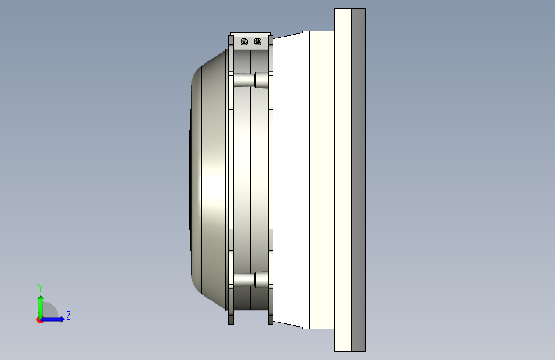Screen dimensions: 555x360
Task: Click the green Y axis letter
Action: click(x=40, y=288)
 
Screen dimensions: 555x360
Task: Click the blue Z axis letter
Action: click(x=68, y=315)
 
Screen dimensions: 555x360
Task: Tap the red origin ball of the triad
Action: click(x=40, y=320)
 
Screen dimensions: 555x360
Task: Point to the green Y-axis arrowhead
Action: click(x=41, y=299)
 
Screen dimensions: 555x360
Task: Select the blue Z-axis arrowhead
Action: click(x=61, y=319)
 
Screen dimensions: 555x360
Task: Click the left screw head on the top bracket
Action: click(x=245, y=42)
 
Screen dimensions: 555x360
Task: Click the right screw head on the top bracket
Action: click(x=258, y=42)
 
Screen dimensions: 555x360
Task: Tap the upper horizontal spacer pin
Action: click(x=251, y=79)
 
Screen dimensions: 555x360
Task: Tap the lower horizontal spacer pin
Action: click(x=251, y=279)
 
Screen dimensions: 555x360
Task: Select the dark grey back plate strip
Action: click(x=358, y=180)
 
